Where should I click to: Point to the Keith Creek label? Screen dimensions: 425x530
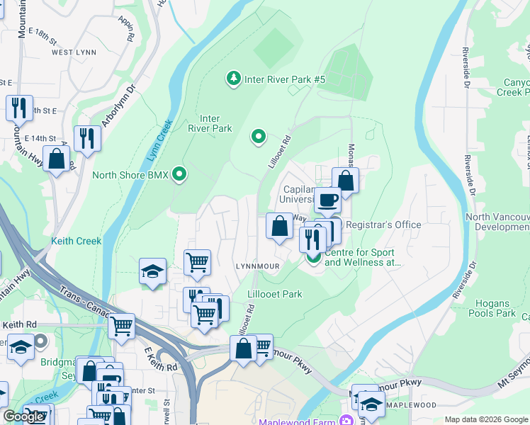(x=76, y=241)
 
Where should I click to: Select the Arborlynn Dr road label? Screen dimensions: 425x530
(x=118, y=106)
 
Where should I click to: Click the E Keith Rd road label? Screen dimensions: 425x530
(x=160, y=360)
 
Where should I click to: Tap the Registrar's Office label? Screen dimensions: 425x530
(x=383, y=225)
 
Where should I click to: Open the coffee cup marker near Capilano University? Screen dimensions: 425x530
(x=327, y=200)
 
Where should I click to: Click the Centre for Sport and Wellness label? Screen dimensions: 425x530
(x=363, y=256)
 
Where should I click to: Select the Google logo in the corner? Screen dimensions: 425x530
(x=23, y=416)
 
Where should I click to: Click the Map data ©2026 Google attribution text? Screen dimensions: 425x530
(x=485, y=419)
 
